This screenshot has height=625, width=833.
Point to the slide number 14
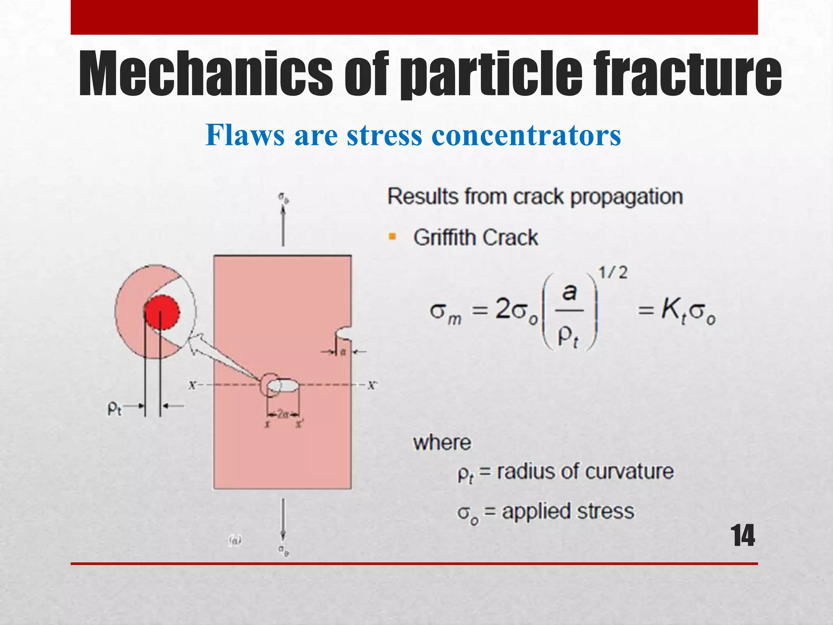(x=743, y=536)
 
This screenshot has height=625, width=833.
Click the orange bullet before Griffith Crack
(x=393, y=236)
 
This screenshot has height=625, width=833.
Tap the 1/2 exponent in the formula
(x=613, y=273)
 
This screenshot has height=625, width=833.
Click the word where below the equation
(x=442, y=443)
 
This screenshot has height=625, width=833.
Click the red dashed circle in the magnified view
(x=162, y=312)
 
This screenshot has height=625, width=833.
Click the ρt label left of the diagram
(x=114, y=408)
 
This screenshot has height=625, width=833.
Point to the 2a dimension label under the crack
(x=283, y=415)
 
